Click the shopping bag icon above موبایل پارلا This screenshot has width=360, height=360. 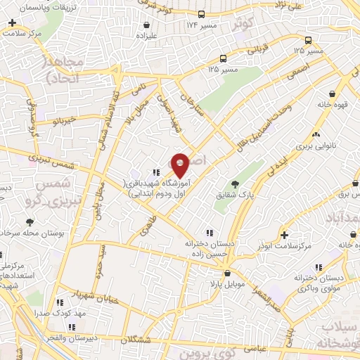[226, 273]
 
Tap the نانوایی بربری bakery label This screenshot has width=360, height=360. [311, 146]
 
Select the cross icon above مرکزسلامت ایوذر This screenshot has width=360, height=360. [283, 234]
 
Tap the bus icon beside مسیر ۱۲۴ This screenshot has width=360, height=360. [202, 14]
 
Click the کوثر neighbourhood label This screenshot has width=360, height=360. [243, 24]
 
